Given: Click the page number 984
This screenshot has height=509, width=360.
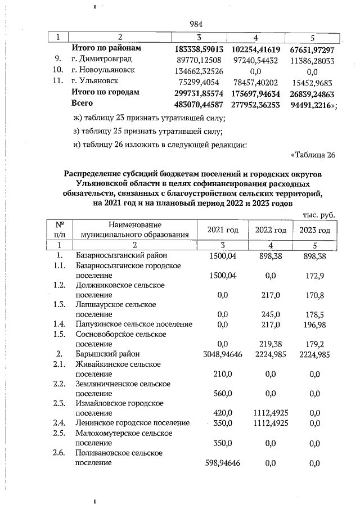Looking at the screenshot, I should point(196,24).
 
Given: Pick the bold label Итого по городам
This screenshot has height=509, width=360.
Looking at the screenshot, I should point(105,92).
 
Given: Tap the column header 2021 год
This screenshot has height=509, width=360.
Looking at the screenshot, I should point(223,229).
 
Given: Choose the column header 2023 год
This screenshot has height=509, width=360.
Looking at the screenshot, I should point(314,229).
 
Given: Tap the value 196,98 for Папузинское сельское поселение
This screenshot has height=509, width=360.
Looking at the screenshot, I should point(315,324).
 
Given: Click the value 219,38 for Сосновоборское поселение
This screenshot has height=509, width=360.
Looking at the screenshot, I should point(268,344).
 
